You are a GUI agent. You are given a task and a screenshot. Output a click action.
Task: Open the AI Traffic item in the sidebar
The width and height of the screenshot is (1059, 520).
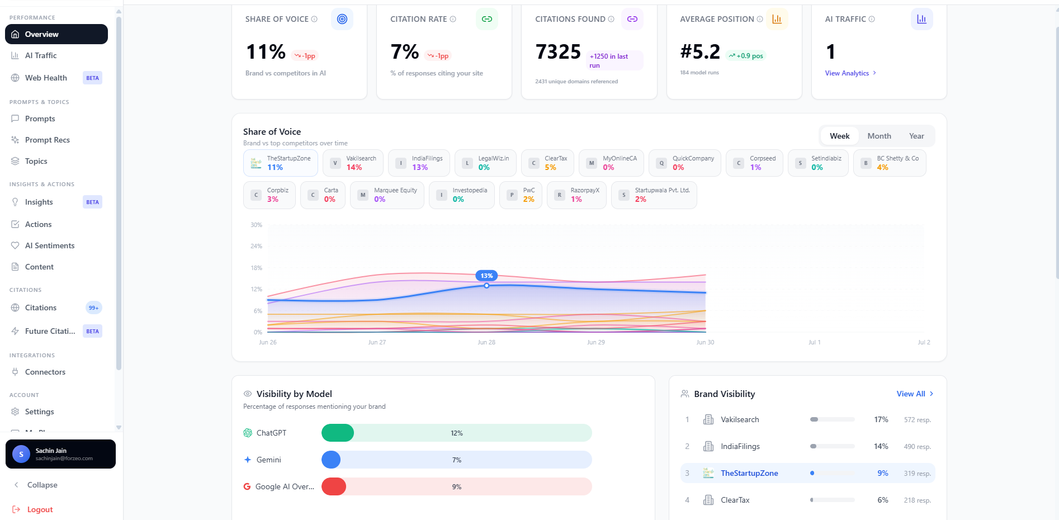[41, 55]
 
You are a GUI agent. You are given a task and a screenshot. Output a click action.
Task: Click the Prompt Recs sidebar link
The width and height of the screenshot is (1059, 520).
[47, 140]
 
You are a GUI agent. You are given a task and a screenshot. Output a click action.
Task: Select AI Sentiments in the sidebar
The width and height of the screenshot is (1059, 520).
[49, 245]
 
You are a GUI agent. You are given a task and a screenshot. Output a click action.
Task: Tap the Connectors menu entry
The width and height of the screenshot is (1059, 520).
[45, 372]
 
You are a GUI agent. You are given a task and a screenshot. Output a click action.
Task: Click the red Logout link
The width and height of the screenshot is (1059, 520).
[40, 509]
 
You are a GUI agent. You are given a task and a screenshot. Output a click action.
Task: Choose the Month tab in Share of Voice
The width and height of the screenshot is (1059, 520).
[879, 136]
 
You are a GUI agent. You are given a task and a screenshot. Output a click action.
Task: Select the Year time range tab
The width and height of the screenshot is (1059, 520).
[916, 136]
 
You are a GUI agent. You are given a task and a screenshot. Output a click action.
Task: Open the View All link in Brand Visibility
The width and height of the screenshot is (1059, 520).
[915, 394]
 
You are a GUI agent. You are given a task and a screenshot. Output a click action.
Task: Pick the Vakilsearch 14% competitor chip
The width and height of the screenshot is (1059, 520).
[353, 163]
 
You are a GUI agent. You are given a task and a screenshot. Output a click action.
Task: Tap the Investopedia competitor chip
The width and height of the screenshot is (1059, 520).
[461, 195]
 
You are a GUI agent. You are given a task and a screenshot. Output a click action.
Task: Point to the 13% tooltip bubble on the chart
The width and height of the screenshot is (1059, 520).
[486, 276]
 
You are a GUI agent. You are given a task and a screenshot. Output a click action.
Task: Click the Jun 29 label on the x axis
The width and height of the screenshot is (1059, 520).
[595, 342]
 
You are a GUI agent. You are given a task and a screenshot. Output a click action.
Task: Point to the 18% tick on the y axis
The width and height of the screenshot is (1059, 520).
[256, 268]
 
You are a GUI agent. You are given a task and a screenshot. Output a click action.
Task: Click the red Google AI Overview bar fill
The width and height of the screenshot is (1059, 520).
[334, 486]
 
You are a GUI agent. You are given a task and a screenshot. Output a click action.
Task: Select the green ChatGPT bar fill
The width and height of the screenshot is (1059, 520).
[338, 433]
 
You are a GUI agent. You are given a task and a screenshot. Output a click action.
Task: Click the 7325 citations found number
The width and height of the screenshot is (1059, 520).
[558, 52]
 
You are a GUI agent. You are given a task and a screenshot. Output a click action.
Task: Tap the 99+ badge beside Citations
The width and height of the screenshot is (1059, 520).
[93, 308]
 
